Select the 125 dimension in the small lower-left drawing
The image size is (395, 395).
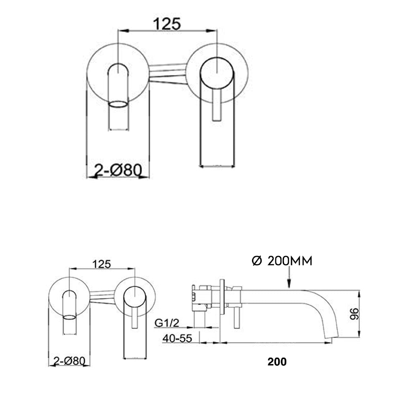coord(102,264)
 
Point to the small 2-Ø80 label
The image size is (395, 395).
coord(69,360)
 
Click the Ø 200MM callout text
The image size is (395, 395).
coord(282,261)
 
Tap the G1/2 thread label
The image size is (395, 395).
coord(167,323)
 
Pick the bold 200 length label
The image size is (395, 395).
coord(277,361)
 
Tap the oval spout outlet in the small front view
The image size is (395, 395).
coord(69,317)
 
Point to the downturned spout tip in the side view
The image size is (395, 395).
coord(330,337)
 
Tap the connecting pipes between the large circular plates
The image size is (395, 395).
coord(167,73)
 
